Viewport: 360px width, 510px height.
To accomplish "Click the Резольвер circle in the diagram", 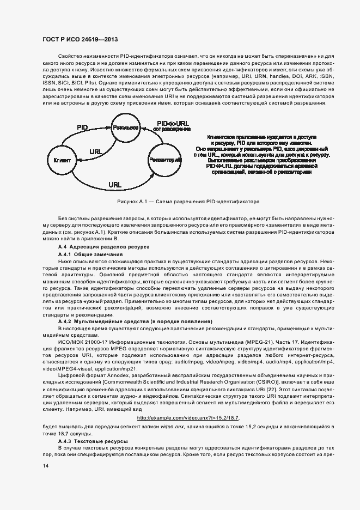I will pyautogui.click(x=125, y=127).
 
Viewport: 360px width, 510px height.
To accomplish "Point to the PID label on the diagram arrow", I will pyautogui.click(x=82, y=126).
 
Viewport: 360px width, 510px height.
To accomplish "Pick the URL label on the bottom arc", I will pyautogui.click(x=114, y=185).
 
